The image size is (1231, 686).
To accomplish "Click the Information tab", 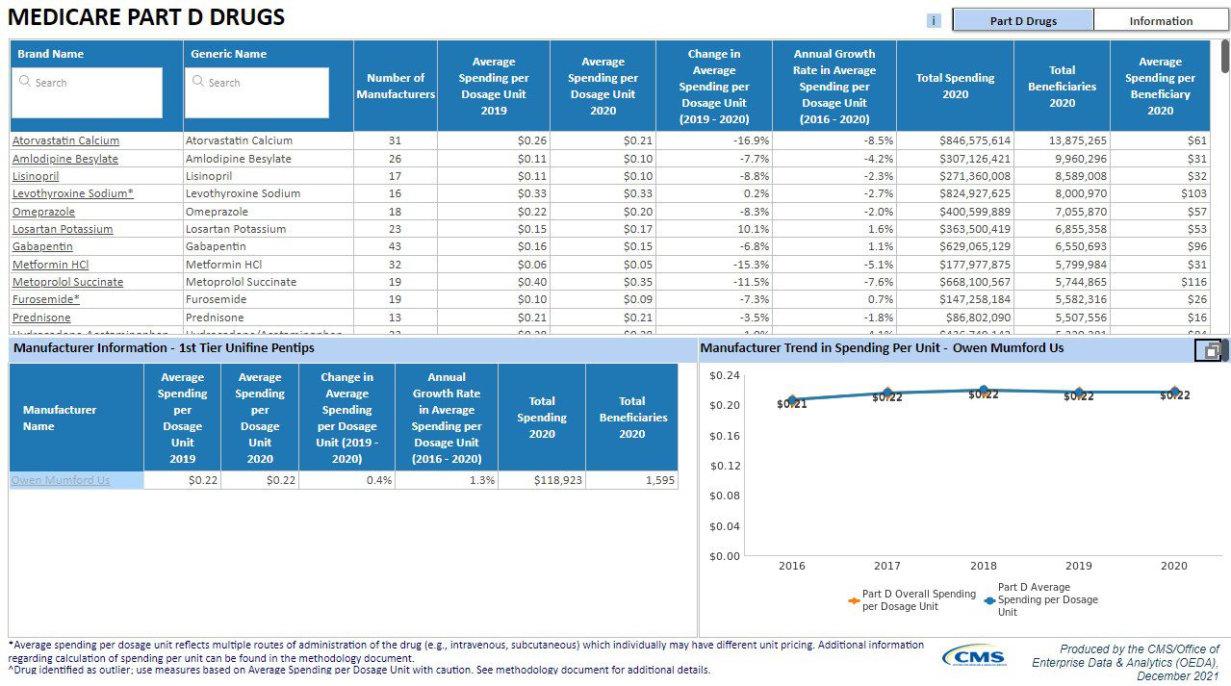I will tap(1161, 20).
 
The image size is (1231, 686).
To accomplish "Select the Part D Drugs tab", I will tap(1022, 20).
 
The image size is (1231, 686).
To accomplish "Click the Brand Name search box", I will tap(88, 92).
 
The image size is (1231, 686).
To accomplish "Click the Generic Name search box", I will tap(257, 92).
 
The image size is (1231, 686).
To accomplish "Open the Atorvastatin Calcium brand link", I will tap(65, 140).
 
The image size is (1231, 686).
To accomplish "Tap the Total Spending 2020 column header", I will tap(955, 87).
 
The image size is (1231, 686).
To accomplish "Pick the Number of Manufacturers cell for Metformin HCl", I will tap(395, 265).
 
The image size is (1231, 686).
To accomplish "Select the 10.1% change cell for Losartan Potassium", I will tap(713, 229).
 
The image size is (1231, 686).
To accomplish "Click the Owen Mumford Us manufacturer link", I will tap(61, 480).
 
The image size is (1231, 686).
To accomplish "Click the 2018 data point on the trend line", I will tap(983, 391).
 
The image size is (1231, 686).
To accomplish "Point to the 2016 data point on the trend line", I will tap(792, 399).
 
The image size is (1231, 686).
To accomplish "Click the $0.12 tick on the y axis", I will tap(725, 466).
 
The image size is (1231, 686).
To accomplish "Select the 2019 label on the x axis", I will tap(1078, 566).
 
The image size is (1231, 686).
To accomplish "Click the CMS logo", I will tap(974, 657).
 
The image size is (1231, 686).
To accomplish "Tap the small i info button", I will tap(934, 20).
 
